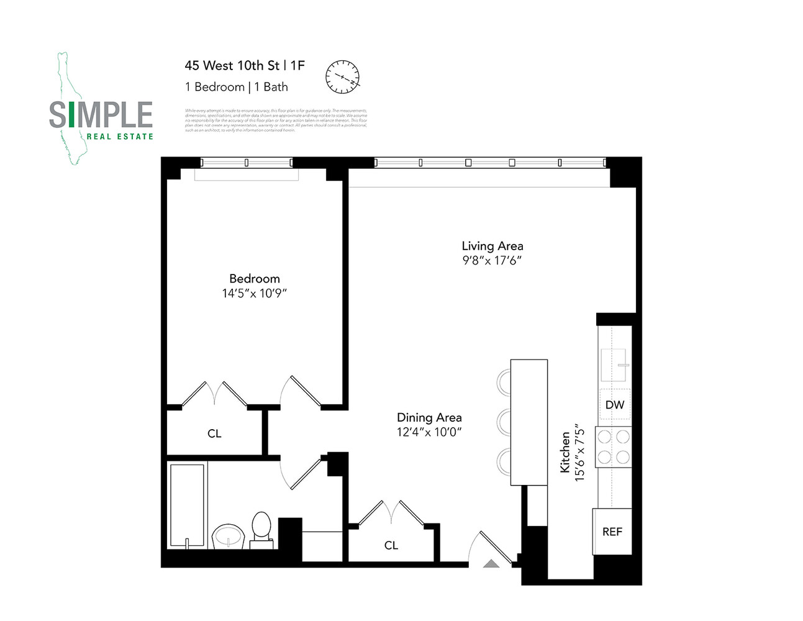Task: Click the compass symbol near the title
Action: coord(343,77)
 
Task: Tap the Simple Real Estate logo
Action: coord(101,115)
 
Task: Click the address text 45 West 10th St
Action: coord(232,65)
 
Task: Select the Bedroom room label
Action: coord(255,278)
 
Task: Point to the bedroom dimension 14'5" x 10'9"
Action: coord(255,293)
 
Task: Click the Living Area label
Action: coord(492,246)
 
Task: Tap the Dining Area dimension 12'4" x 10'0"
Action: coord(429,432)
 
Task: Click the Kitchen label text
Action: coord(565,453)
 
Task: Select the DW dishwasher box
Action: coord(614,405)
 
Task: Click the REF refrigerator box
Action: coord(612,532)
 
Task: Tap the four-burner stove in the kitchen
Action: coord(613,447)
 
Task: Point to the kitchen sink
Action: coord(614,365)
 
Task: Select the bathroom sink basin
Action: coord(229,537)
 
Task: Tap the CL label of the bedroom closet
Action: coord(214,433)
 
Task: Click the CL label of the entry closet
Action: coord(391,545)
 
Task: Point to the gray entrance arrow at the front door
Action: coord(491,564)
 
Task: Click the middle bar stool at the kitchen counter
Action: coord(504,422)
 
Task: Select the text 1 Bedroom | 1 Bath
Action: coord(237,87)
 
